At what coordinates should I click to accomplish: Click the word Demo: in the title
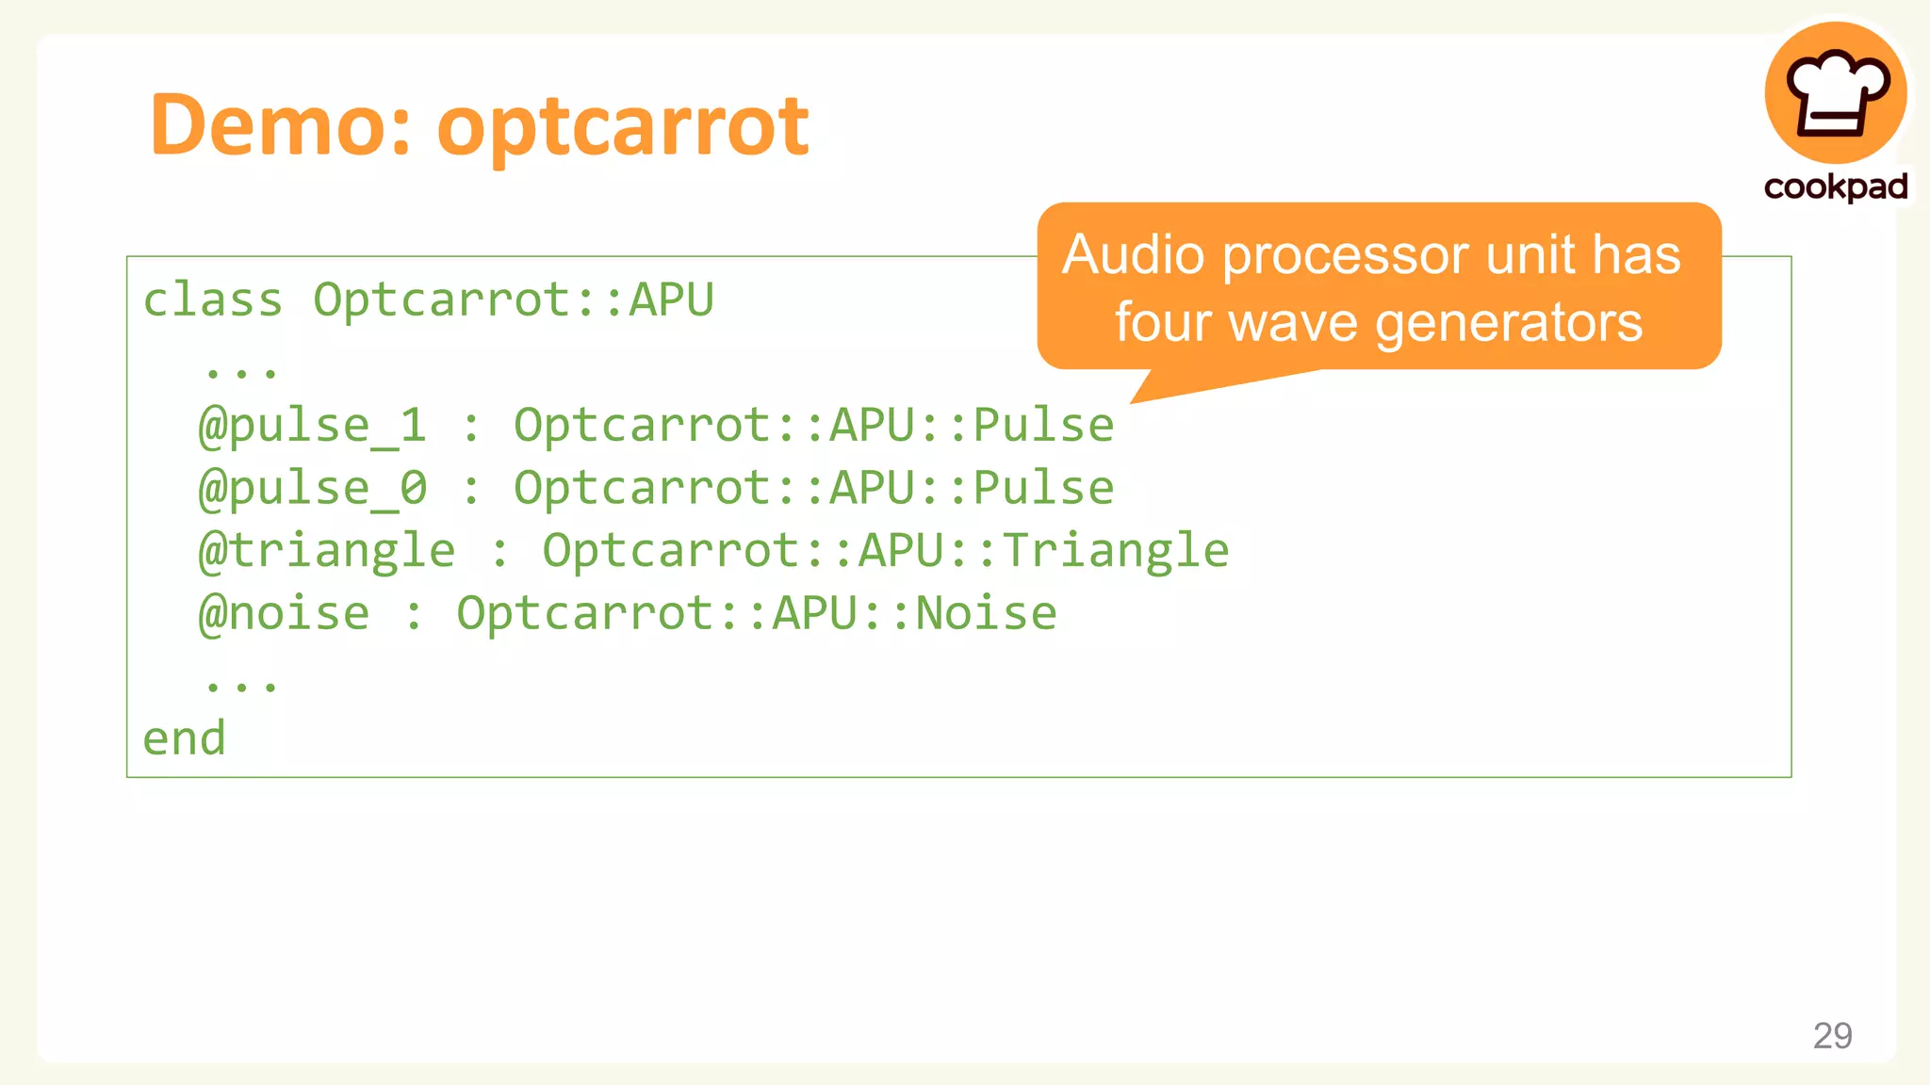point(281,125)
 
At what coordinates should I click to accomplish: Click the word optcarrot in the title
point(622,127)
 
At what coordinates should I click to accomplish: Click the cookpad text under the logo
point(1836,186)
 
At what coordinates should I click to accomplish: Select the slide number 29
point(1832,1035)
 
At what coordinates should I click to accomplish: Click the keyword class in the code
point(213,300)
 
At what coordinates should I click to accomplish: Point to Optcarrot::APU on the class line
point(514,300)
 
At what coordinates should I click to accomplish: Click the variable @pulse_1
point(313,426)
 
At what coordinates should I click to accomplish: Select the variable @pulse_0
point(313,488)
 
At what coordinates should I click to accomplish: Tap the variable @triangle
point(327,551)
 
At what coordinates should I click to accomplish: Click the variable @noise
point(284,614)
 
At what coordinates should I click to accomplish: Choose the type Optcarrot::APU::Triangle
point(886,551)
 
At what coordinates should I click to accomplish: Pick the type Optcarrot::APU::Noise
point(757,614)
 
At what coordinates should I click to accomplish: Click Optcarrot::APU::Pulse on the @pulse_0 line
point(814,488)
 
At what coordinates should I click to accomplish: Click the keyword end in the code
point(185,738)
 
